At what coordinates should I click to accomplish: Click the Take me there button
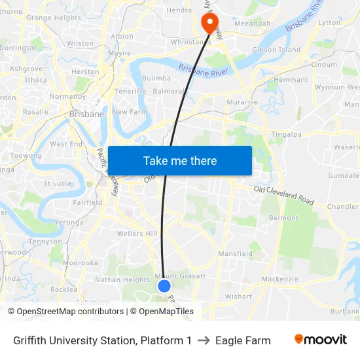click(x=180, y=160)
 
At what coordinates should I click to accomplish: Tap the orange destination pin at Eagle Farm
click(x=210, y=24)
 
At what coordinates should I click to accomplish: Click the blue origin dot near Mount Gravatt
click(x=164, y=285)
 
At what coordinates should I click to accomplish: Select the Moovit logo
click(x=321, y=340)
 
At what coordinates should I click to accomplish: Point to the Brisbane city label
click(x=86, y=114)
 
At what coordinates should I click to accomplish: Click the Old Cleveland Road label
click(x=285, y=194)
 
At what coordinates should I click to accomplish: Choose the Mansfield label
click(x=235, y=253)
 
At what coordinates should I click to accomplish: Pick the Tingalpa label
click(x=304, y=135)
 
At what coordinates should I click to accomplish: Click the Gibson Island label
click(x=276, y=50)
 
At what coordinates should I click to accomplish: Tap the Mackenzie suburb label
click(x=279, y=279)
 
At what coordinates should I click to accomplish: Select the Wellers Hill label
click(x=137, y=234)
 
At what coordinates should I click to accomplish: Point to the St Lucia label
click(x=56, y=183)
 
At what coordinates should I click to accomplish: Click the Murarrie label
click(x=240, y=103)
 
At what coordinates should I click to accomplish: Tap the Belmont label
click(x=283, y=218)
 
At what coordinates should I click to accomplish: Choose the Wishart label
click(x=238, y=297)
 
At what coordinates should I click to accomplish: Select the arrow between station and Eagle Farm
click(x=204, y=340)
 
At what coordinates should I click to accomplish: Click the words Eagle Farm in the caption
click(x=243, y=340)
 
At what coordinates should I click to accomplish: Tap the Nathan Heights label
click(x=122, y=280)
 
